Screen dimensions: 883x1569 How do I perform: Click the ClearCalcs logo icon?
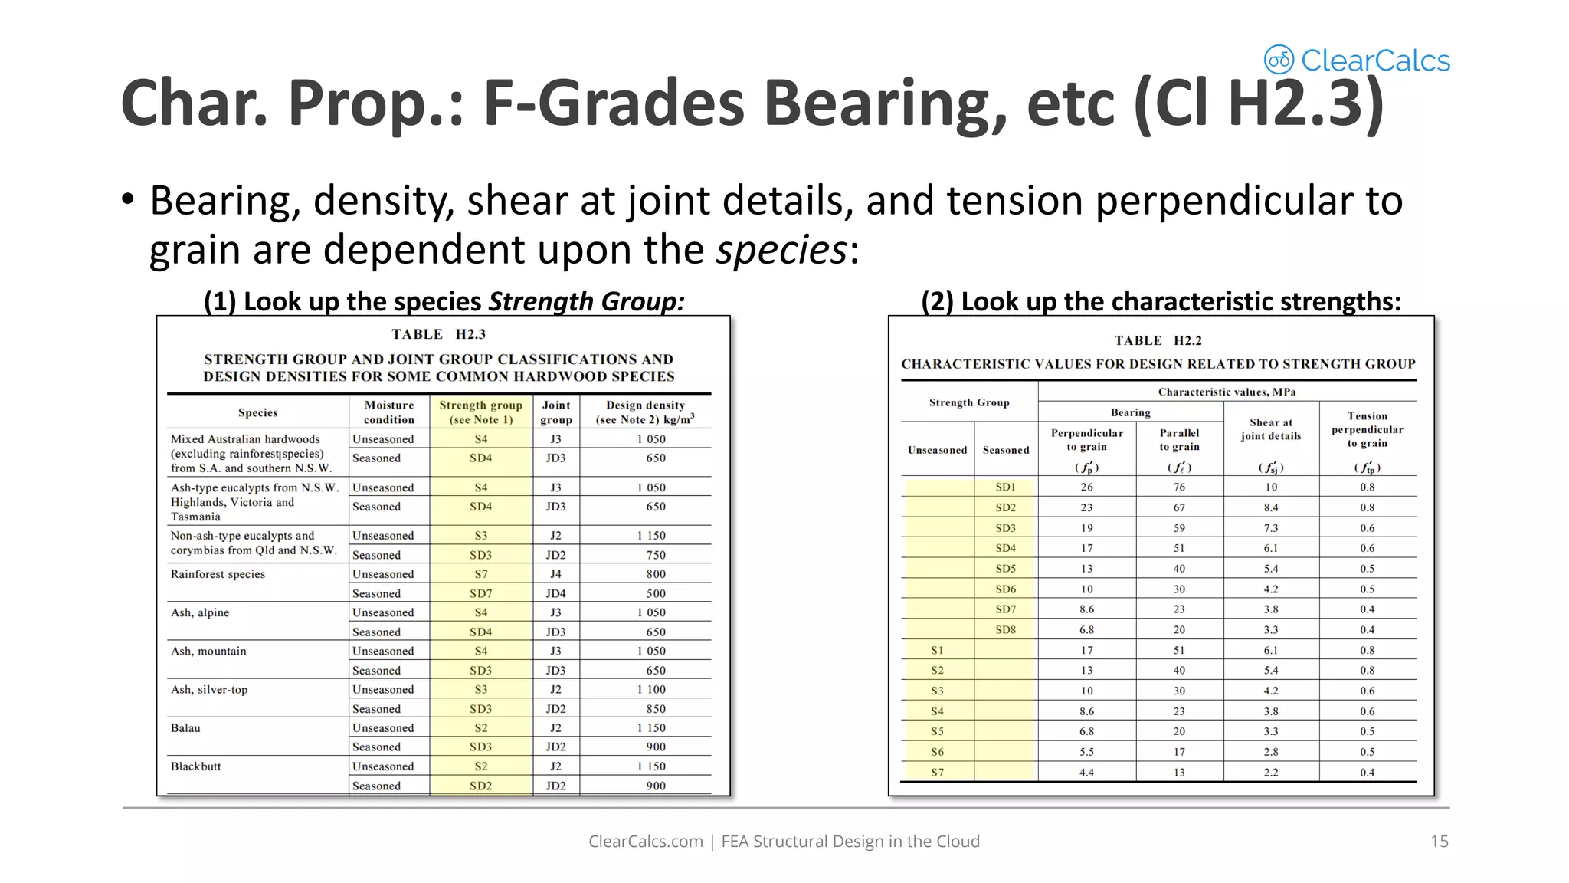[x=1279, y=60]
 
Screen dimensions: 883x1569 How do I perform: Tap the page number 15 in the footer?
[x=1439, y=841]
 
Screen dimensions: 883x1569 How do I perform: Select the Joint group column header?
[x=555, y=412]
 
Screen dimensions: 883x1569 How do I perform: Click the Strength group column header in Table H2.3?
[x=480, y=412]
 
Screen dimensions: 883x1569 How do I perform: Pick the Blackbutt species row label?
[x=196, y=766]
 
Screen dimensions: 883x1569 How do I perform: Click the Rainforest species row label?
[x=218, y=574]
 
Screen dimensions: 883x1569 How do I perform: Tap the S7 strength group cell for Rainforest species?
[x=480, y=574]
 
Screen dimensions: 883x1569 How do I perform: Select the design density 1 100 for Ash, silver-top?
[x=651, y=690]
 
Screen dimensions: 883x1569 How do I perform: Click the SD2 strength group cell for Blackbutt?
[x=480, y=786]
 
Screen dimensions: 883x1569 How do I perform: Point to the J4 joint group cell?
[x=555, y=574]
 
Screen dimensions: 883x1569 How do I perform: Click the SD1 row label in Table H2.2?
[x=1005, y=487]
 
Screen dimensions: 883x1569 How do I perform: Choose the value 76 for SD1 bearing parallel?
[x=1179, y=487]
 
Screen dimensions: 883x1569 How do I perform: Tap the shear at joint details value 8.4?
[x=1270, y=507]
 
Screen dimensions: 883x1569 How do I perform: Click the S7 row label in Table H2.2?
[x=937, y=773]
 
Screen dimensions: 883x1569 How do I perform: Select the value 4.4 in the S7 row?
[x=1086, y=773]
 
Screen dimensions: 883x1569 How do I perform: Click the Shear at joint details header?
[x=1270, y=429]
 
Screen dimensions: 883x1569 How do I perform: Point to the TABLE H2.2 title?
[x=1158, y=340]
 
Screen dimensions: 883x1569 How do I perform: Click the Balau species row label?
[x=185, y=728]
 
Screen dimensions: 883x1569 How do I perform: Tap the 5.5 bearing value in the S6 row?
[x=1086, y=752]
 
